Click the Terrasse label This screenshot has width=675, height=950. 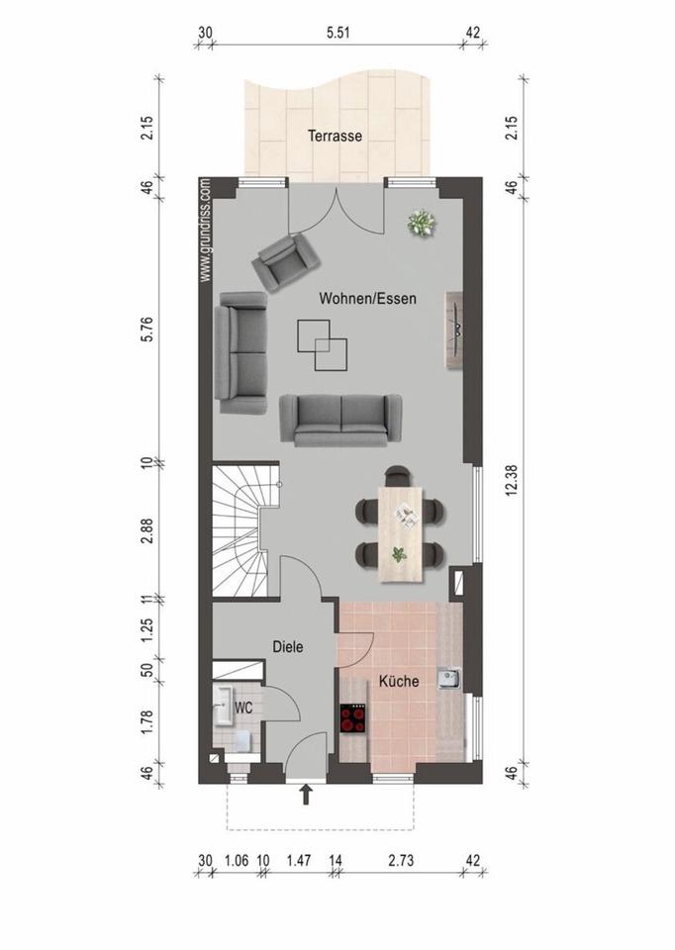(336, 136)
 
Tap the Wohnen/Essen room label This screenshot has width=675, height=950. (368, 298)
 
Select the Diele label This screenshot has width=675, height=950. (288, 646)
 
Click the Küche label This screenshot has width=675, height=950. (399, 681)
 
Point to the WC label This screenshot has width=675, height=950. (243, 707)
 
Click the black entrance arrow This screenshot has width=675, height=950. (307, 795)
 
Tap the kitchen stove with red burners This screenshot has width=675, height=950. (354, 718)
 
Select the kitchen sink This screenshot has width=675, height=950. (449, 679)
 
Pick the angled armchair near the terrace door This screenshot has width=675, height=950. (285, 260)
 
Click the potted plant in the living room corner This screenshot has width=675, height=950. (423, 223)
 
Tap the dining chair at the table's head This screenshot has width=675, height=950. (398, 476)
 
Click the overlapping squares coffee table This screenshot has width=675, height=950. (323, 344)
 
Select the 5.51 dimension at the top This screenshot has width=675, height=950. (338, 32)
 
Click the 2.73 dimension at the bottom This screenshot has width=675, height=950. (401, 860)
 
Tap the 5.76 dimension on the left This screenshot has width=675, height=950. (147, 329)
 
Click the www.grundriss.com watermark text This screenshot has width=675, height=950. (206, 231)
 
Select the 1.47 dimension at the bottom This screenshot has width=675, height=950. (299, 860)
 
